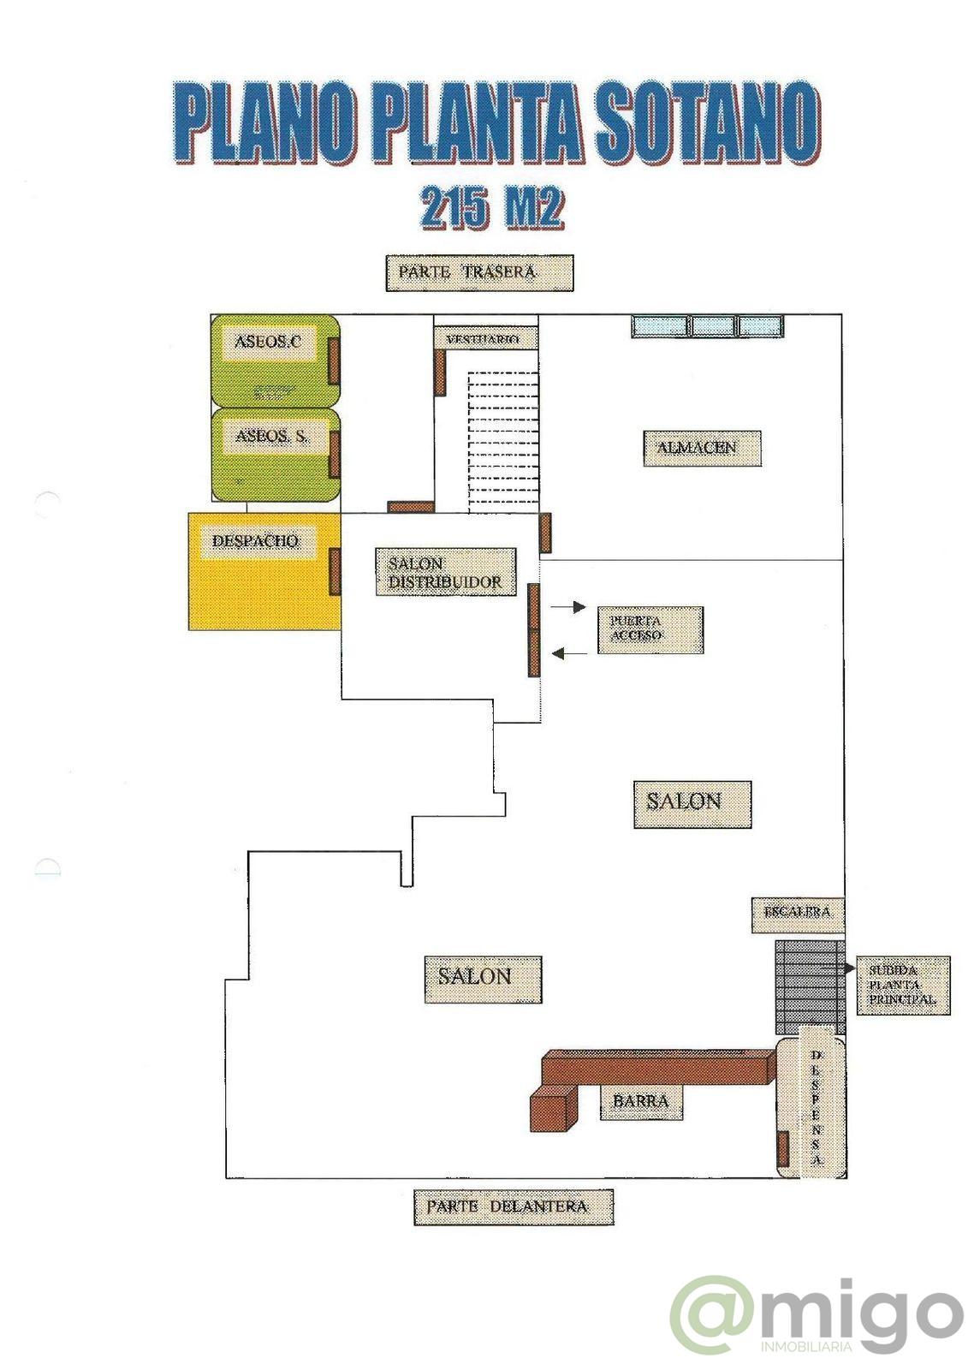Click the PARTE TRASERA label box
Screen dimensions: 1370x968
[478, 273]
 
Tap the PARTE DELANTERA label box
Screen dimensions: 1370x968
[513, 1206]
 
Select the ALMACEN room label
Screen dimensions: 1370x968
[702, 448]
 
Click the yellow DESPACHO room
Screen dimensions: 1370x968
[257, 582]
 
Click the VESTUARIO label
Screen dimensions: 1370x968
[484, 339]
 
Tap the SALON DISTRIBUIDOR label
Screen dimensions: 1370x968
[445, 573]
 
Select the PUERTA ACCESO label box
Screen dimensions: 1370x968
[650, 630]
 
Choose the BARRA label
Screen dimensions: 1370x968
[641, 1101]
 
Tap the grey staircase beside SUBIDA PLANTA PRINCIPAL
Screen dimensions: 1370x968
[809, 987]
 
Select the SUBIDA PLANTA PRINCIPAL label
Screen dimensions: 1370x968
[902, 986]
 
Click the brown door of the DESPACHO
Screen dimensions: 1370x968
[336, 571]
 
